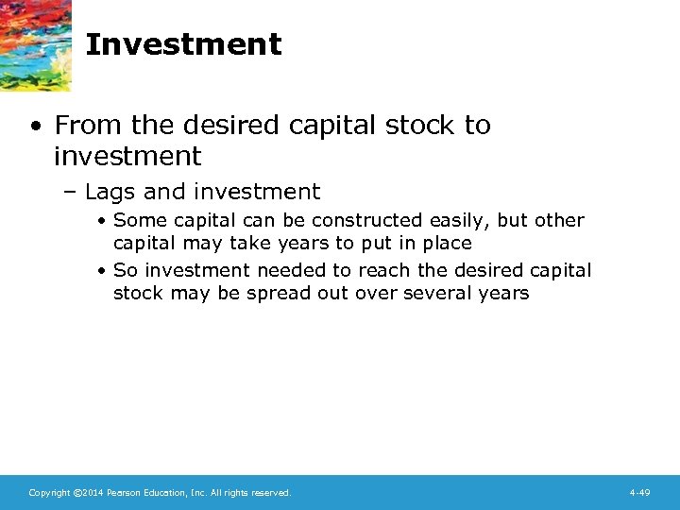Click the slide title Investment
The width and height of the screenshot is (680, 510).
(x=183, y=44)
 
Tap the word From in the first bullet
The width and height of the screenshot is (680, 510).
(x=89, y=125)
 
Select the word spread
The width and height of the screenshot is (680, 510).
(x=278, y=294)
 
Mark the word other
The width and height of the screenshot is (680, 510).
(x=559, y=220)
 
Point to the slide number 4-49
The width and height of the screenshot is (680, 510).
(x=639, y=492)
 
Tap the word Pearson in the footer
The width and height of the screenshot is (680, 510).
(x=123, y=492)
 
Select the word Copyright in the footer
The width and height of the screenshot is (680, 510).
(x=48, y=492)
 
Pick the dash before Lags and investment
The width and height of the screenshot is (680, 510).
(x=72, y=193)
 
